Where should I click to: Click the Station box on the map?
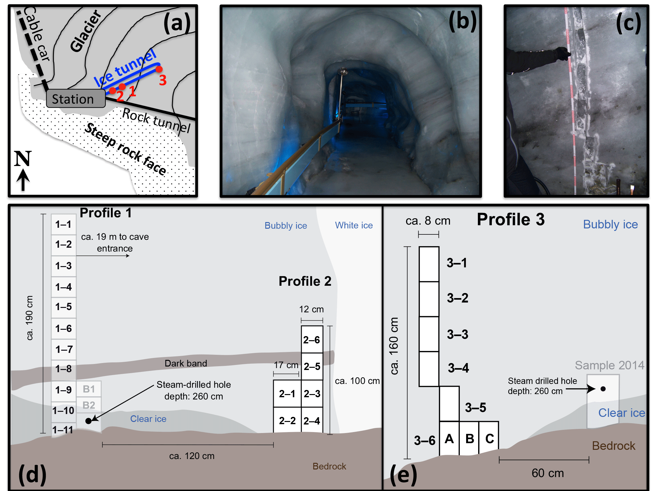75,99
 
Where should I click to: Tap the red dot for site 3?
159,69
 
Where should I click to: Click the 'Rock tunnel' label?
156,121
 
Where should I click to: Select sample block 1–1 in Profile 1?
64,224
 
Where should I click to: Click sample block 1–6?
64,328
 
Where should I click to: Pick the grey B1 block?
89,389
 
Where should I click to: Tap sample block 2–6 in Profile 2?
312,340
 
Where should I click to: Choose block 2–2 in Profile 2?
287,420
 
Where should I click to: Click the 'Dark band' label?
186,363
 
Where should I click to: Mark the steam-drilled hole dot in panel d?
89,421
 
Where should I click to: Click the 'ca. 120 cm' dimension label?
192,456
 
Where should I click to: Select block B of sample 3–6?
469,439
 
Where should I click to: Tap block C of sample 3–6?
489,439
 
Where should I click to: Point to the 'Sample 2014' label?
609,365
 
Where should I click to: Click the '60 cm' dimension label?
548,473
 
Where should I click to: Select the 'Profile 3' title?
511,219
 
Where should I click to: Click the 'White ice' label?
354,225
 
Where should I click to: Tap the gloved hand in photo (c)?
563,53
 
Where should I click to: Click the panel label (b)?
462,21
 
